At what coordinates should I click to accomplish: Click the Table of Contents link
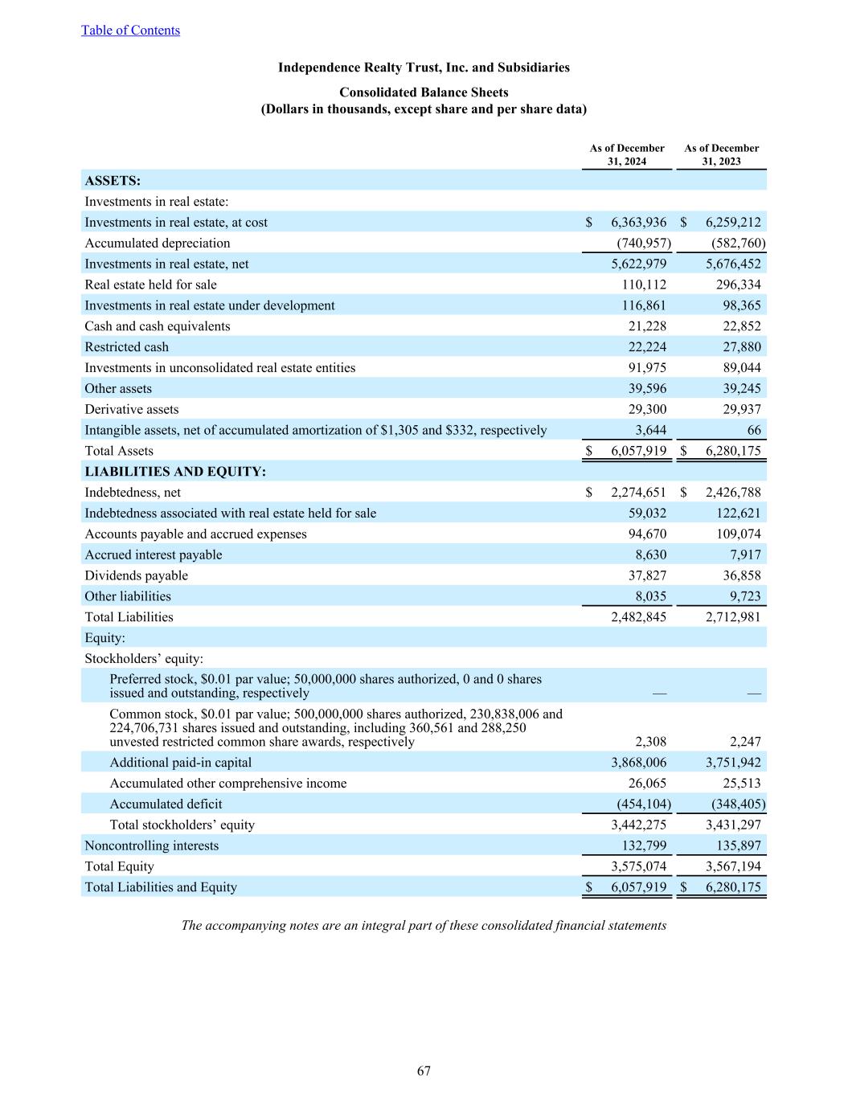pyautogui.click(x=130, y=31)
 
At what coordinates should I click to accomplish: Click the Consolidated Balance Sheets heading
pyautogui.click(x=424, y=92)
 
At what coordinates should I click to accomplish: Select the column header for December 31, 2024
pyautogui.click(x=627, y=154)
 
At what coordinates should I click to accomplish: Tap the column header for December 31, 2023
pyautogui.click(x=721, y=154)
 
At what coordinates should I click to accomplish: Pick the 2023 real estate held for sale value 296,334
pyautogui.click(x=738, y=284)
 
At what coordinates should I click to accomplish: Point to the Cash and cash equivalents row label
pyautogui.click(x=158, y=326)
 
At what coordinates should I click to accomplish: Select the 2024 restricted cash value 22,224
pyautogui.click(x=644, y=347)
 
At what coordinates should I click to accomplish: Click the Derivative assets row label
pyautogui.click(x=132, y=410)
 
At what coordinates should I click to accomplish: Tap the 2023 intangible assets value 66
pyautogui.click(x=753, y=431)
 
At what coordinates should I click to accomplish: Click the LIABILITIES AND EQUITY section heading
pyautogui.click(x=175, y=472)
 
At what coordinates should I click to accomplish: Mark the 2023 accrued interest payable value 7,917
pyautogui.click(x=744, y=555)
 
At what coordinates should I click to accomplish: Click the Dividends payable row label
pyautogui.click(x=137, y=576)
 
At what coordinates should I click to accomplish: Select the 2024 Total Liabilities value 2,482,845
pyautogui.click(x=638, y=617)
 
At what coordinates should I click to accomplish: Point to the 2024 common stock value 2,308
pyautogui.click(x=649, y=742)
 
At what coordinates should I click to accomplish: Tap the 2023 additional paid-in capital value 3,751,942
pyautogui.click(x=733, y=763)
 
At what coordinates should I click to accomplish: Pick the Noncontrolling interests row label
pyautogui.click(x=152, y=845)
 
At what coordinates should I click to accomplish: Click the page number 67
pyautogui.click(x=424, y=1071)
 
